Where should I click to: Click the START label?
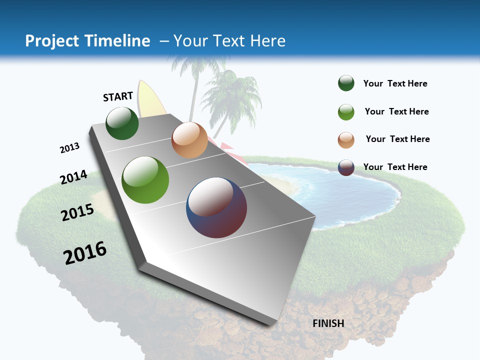pyautogui.click(x=118, y=96)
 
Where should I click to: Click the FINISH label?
pyautogui.click(x=328, y=323)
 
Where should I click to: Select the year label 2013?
pyautogui.click(x=70, y=148)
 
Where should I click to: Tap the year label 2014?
pyautogui.click(x=74, y=177)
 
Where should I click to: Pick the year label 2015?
pyautogui.click(x=77, y=212)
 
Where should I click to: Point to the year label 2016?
pyautogui.click(x=85, y=253)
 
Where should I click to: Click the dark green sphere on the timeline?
pyautogui.click(x=122, y=123)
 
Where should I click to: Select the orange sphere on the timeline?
pyautogui.click(x=189, y=140)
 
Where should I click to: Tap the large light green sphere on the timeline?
pyautogui.click(x=145, y=180)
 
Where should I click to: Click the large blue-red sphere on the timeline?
pyautogui.click(x=216, y=207)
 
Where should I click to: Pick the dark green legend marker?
pyautogui.click(x=346, y=83)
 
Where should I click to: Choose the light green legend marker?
pyautogui.click(x=346, y=111)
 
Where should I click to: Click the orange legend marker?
pyautogui.click(x=346, y=139)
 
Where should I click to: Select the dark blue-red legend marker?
pyautogui.click(x=346, y=167)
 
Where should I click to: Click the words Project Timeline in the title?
pyautogui.click(x=87, y=41)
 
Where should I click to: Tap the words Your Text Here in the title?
pyautogui.click(x=229, y=41)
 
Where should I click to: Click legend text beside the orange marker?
pyautogui.click(x=397, y=139)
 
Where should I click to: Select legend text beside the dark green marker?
pyautogui.click(x=395, y=83)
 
